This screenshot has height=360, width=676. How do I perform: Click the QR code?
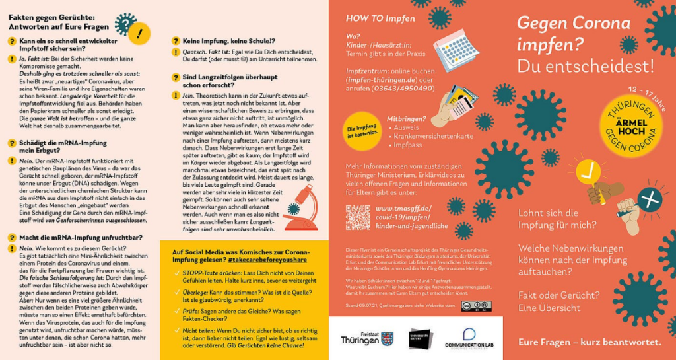(x=358, y=217)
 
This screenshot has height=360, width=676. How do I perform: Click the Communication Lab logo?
(x=469, y=339)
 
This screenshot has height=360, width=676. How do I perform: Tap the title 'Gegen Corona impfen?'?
(x=573, y=34)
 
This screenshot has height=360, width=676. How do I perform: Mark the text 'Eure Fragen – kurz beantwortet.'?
(x=589, y=342)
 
